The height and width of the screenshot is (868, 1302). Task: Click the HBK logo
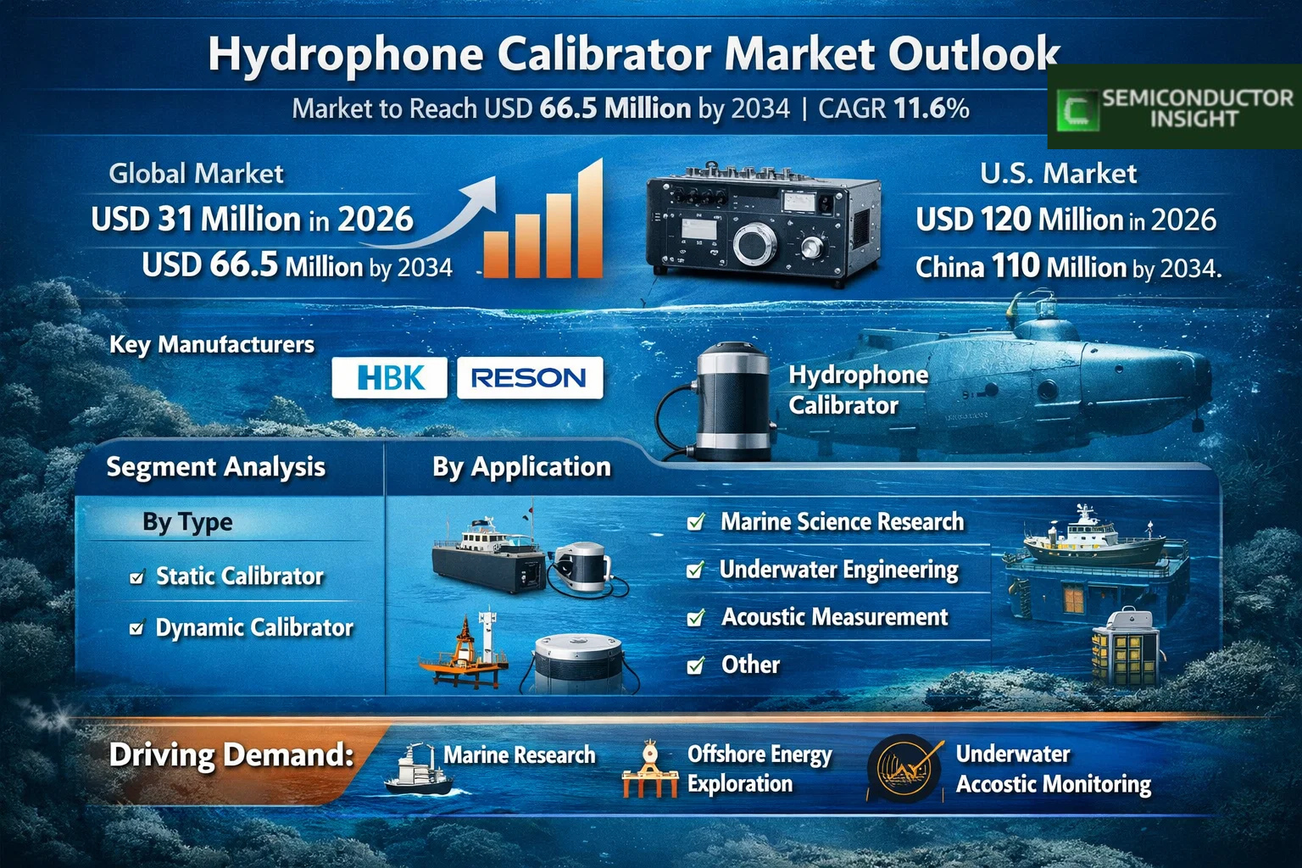(389, 378)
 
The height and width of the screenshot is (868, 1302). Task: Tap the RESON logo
(530, 378)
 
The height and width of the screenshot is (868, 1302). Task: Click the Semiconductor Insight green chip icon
(1077, 110)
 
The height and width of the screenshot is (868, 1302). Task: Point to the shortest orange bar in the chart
(496, 254)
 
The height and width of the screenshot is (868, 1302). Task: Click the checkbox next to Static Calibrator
(137, 576)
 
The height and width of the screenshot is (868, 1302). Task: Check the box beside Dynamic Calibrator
(137, 628)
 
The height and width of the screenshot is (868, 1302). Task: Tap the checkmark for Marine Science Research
(696, 522)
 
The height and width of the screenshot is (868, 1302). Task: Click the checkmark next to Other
(696, 665)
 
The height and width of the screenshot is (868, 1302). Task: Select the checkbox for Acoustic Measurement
(696, 617)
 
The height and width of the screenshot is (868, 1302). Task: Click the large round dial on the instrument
(754, 243)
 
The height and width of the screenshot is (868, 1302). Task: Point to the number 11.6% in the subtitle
(932, 108)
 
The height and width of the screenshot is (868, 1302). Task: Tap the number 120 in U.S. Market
(1005, 220)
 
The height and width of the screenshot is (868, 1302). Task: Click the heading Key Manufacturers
(212, 345)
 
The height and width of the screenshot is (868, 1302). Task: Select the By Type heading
(187, 522)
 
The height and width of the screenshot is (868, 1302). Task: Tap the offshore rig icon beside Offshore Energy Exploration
(650, 769)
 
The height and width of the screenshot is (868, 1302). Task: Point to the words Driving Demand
(231, 755)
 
